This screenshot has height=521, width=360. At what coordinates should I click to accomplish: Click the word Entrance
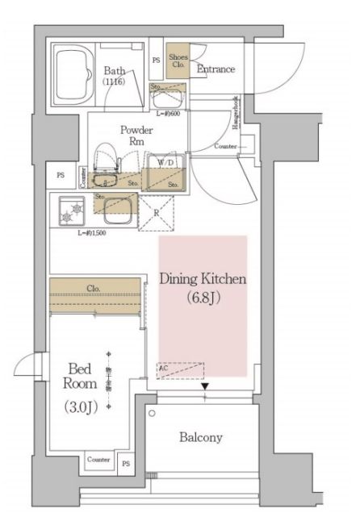pos(216,69)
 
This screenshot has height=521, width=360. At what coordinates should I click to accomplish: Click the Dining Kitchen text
pos(202,279)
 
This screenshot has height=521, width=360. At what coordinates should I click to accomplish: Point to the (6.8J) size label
pos(202,299)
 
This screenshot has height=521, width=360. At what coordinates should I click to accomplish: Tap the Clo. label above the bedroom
pos(93,289)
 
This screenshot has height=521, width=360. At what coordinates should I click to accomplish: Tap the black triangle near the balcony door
pos(206,388)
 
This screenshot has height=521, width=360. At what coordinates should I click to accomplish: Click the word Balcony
pos(201,437)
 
